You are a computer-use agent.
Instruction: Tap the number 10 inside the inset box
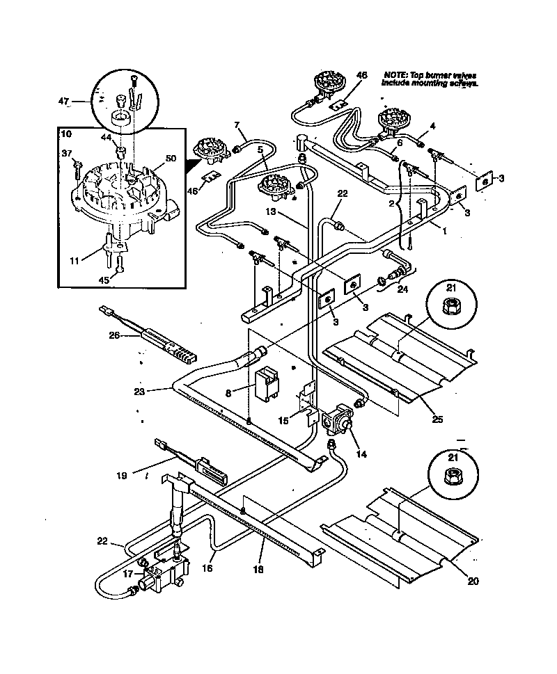click(66, 134)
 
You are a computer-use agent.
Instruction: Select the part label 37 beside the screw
click(67, 154)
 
